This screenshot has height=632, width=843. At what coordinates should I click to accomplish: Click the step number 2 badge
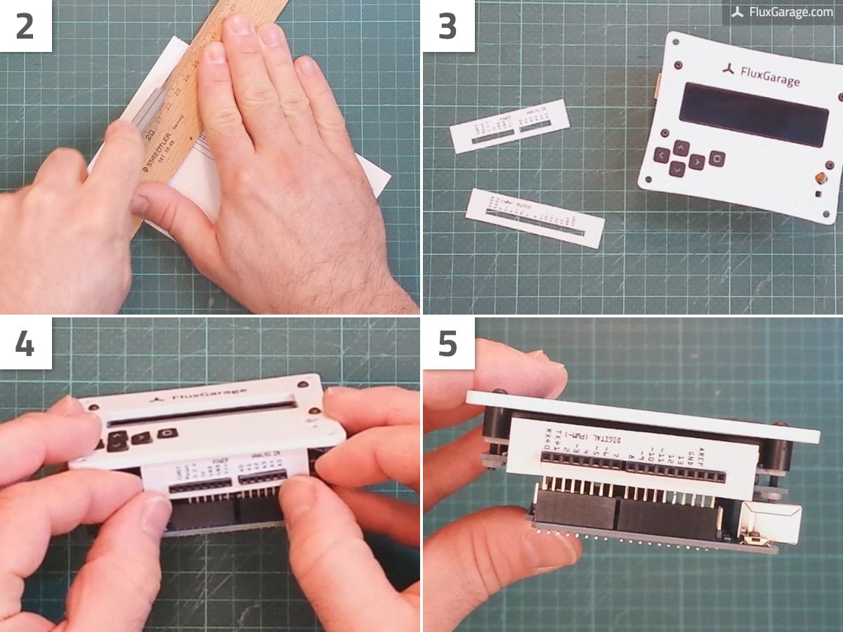(x=25, y=25)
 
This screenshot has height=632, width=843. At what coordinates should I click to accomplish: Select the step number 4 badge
(x=25, y=343)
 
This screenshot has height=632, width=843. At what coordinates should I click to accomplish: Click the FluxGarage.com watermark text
(x=790, y=12)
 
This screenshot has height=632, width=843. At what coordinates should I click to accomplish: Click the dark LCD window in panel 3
(x=753, y=114)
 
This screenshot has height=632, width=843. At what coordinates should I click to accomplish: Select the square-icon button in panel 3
(x=717, y=158)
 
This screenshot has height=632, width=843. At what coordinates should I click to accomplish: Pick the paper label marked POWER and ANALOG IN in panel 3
(x=509, y=126)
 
